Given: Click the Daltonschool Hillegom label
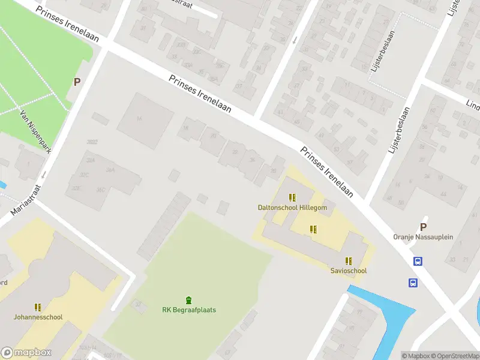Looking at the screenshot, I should [x=292, y=208].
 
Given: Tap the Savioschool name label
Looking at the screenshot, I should [x=348, y=271].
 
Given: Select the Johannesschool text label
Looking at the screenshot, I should [x=38, y=317].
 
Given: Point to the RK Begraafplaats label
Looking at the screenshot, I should [x=189, y=310].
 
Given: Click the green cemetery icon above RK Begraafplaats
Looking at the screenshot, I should [x=189, y=300].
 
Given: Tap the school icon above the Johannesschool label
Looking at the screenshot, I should [x=38, y=307].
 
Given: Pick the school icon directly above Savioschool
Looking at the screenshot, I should [x=348, y=260].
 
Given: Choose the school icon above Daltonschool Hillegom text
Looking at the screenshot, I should [x=292, y=197].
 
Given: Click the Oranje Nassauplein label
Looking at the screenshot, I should [x=423, y=237].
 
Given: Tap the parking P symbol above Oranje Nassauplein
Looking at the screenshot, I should [x=423, y=227].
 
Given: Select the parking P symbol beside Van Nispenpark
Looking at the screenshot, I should [x=77, y=82].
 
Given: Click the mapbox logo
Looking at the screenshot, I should [x=26, y=353].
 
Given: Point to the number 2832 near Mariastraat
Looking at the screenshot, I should [x=92, y=142].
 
